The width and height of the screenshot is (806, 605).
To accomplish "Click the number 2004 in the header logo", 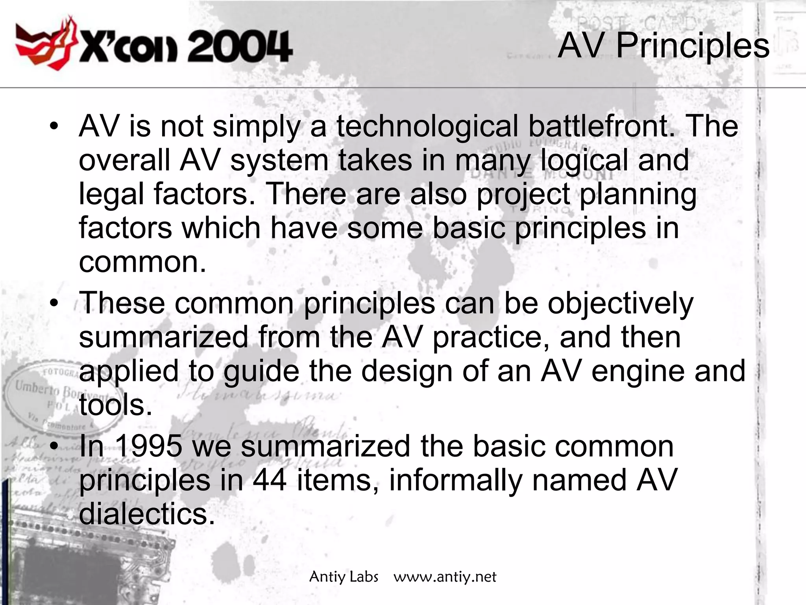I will [239, 47].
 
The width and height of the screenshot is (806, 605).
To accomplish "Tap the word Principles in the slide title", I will [692, 46].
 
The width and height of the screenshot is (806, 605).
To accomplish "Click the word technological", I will [427, 126].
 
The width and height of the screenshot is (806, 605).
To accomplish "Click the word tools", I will [115, 405].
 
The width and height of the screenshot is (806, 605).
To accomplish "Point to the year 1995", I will [148, 446].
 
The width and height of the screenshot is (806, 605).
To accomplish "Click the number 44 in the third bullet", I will [270, 480].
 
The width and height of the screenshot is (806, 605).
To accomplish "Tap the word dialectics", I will [147, 514].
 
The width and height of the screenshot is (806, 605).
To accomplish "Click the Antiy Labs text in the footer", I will [344, 577].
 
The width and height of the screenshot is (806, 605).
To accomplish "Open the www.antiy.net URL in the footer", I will [445, 577].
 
